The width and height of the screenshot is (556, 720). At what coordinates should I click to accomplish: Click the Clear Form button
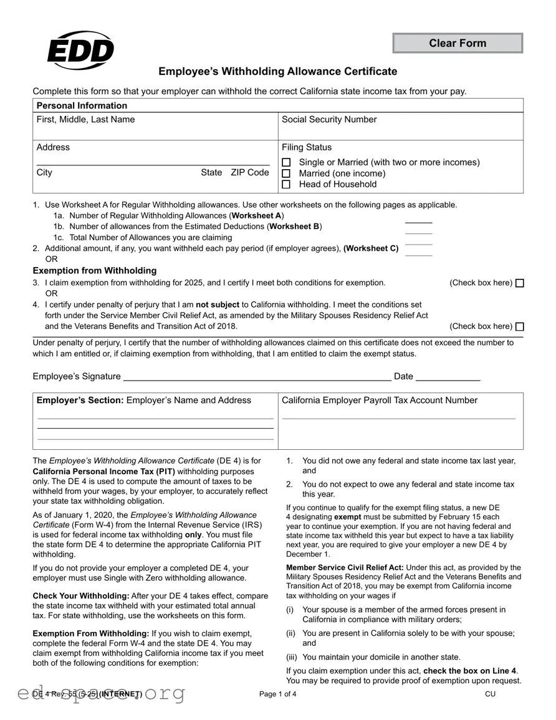coord(458,43)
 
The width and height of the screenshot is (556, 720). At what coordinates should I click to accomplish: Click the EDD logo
coord(80,50)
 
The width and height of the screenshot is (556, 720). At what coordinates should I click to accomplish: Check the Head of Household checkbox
coord(287,185)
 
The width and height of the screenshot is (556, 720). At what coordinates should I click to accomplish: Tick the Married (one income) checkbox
coord(287,173)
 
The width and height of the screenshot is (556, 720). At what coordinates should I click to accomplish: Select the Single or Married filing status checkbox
coord(287,163)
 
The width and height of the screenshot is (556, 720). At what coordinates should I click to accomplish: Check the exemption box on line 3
coord(520,283)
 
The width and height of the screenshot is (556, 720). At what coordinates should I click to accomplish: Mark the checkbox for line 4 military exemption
coord(520,327)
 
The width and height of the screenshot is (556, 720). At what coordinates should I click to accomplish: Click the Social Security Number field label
coord(329,120)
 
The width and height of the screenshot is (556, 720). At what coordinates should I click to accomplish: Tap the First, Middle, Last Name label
coord(85,120)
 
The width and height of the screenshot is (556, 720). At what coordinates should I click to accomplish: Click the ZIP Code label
coord(250,173)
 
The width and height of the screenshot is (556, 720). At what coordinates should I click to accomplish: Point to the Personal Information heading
coord(82,105)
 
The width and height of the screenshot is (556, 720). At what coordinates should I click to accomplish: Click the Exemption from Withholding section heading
coord(95,271)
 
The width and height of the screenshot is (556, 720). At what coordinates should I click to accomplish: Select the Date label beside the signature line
coord(403,376)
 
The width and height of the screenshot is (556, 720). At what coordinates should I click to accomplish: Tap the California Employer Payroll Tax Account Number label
coord(380,401)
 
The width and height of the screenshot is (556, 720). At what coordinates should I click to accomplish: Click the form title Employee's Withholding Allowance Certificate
coord(277,72)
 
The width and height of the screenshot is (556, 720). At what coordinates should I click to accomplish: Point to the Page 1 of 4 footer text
coord(278,694)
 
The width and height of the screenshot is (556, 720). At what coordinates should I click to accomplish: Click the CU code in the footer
coord(491,694)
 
